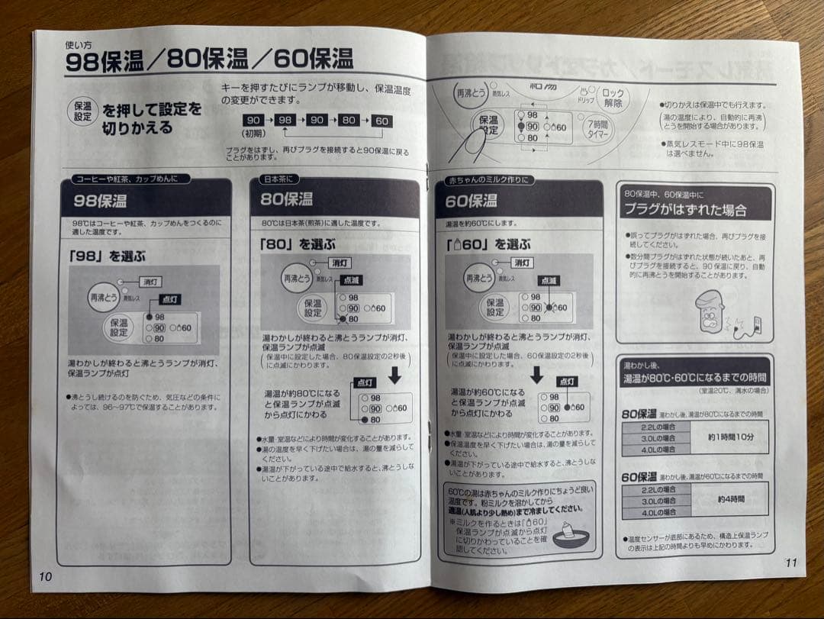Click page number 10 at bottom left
pyautogui.click(x=45, y=576)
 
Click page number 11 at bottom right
pyautogui.click(x=790, y=563)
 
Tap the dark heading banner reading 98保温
pyautogui.click(x=145, y=201)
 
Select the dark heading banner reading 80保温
pyautogui.click(x=334, y=200)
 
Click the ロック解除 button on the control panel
pyautogui.click(x=613, y=98)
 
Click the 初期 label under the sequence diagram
pyautogui.click(x=254, y=133)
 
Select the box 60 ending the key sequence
pyautogui.click(x=381, y=121)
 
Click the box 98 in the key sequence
pyautogui.click(x=285, y=121)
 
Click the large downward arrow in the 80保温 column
pyautogui.click(x=394, y=376)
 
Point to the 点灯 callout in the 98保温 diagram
pyautogui.click(x=170, y=300)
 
